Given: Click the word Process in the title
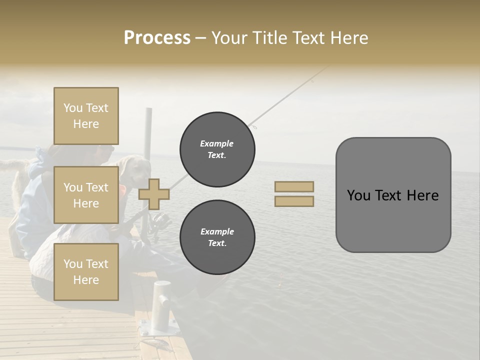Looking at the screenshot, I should click(157, 38).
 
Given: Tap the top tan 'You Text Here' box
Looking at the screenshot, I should click(86, 116).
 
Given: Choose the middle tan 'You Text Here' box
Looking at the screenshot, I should click(86, 195).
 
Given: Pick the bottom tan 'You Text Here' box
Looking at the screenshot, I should click(86, 271).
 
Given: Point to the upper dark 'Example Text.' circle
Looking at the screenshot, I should click(217, 149).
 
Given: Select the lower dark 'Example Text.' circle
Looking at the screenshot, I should click(217, 237).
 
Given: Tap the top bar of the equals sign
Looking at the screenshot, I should click(294, 187).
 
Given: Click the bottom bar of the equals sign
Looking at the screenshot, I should click(294, 201).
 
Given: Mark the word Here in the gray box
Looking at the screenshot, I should click(422, 195).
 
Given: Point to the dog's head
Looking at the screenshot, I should click(129, 167).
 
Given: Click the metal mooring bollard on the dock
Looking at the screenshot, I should click(161, 305).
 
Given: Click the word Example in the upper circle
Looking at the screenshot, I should click(216, 143).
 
